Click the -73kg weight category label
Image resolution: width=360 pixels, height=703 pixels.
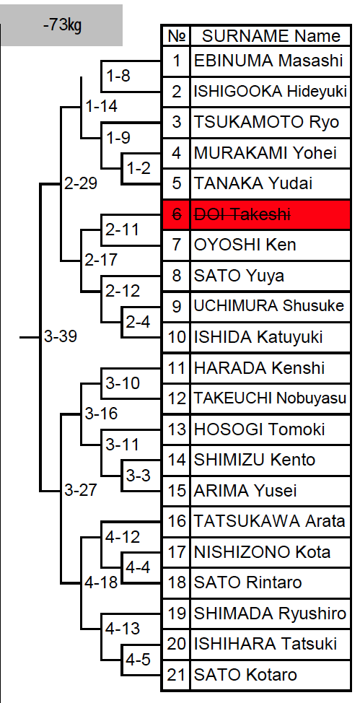click(63, 25)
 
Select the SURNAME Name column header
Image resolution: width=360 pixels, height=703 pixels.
click(271, 36)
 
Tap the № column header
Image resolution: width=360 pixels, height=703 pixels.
click(177, 36)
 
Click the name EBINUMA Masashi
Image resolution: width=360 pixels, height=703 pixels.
click(268, 61)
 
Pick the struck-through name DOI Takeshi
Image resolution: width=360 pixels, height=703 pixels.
click(242, 215)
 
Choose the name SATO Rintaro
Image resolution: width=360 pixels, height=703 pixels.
click(247, 582)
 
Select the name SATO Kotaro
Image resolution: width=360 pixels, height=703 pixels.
click(245, 675)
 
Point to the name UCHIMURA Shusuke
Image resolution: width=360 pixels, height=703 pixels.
click(268, 306)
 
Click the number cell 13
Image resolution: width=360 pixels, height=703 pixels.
click(177, 429)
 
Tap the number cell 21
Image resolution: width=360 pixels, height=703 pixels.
click(177, 675)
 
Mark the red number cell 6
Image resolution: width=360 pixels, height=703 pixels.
click(177, 215)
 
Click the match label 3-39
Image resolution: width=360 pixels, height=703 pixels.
click(61, 336)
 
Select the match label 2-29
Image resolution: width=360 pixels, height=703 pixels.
click(81, 183)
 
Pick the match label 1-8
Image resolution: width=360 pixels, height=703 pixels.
click(118, 76)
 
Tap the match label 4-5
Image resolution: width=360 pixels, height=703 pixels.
click(138, 660)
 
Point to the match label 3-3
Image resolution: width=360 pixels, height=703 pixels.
click(138, 475)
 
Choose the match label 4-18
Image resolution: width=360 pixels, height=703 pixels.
click(101, 582)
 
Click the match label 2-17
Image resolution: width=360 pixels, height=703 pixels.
click(101, 260)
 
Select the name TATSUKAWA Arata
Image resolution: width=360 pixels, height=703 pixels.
click(269, 521)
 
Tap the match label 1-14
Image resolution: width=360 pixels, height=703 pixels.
click(101, 106)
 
